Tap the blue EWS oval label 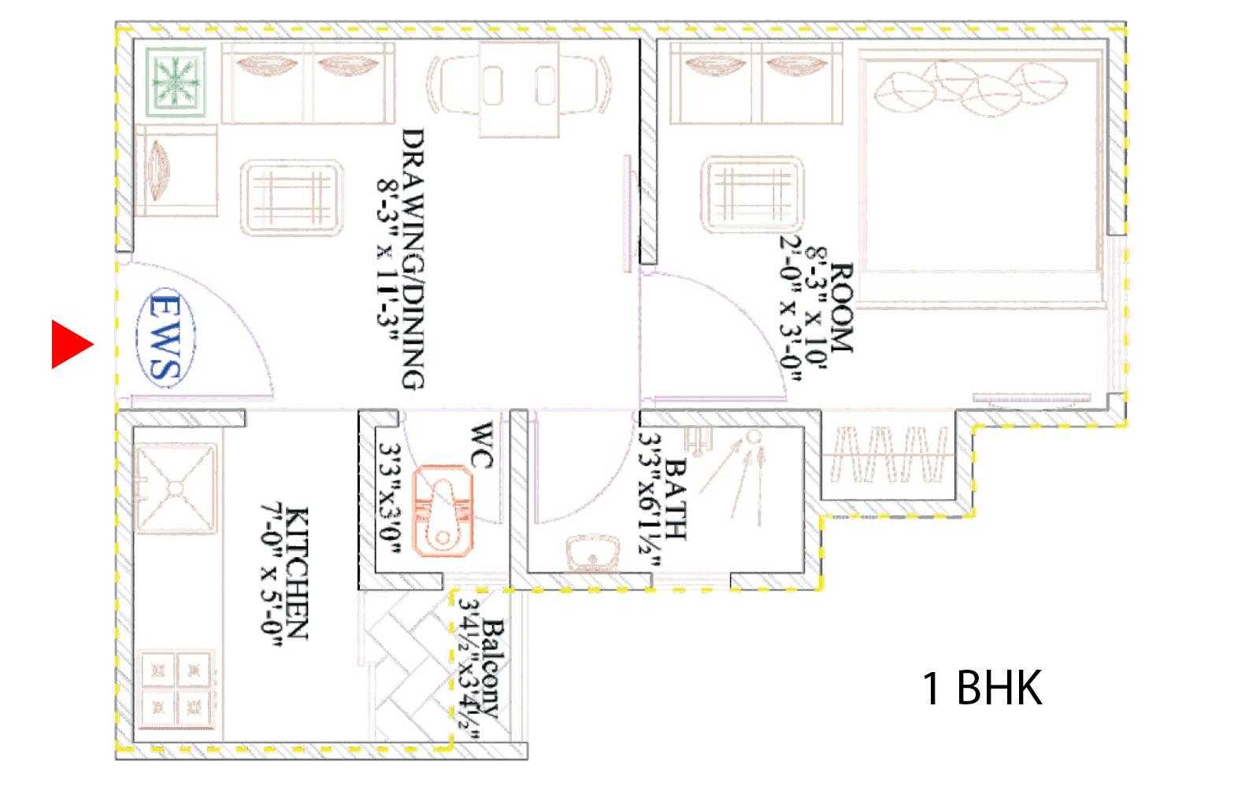tap(166, 338)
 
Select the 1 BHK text tap(982, 688)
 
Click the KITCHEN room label tap(297, 574)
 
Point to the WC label tap(481, 445)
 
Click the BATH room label tap(675, 500)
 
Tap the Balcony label tap(493, 669)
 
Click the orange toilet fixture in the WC tap(443, 511)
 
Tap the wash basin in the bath tap(592, 553)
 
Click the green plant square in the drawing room tap(176, 82)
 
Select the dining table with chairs tap(518, 89)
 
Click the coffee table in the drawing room tap(292, 198)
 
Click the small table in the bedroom tap(753, 194)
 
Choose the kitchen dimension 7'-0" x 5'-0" tap(272, 574)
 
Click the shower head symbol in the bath tap(753, 436)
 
